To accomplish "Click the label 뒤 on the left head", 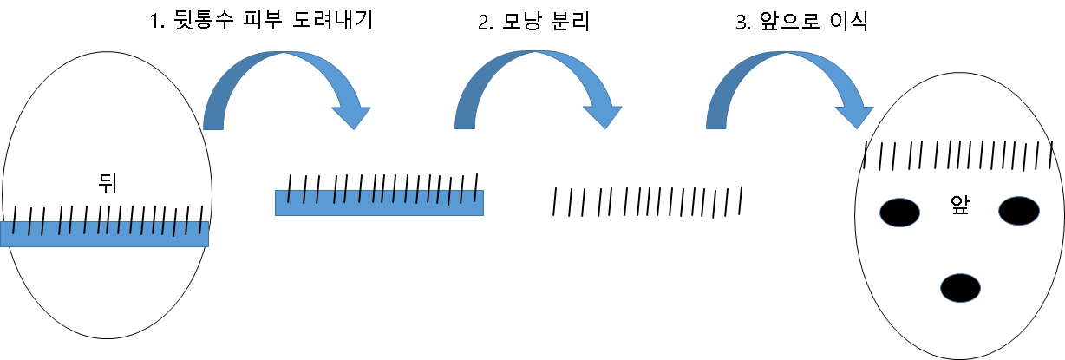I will coord(108,182).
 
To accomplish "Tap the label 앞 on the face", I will coord(959,206).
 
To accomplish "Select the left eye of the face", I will coord(900,213).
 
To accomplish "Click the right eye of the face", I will coord(1018,210).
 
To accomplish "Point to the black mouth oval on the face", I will coord(960,287).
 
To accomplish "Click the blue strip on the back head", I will coord(104,234).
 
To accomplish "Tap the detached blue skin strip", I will coord(379,203).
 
